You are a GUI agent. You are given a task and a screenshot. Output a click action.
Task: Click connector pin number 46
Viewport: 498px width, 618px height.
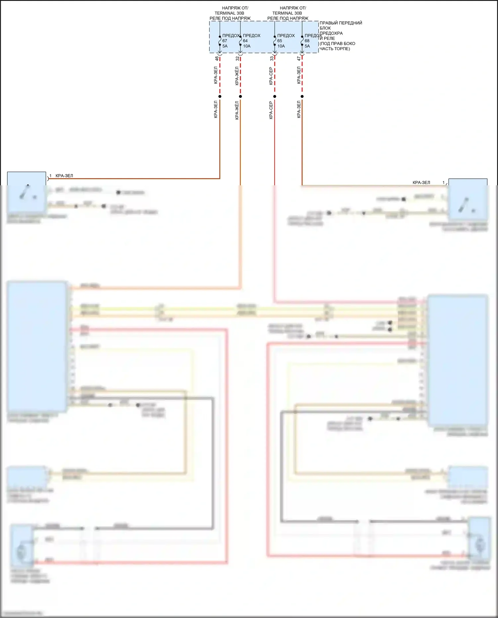coord(217,58)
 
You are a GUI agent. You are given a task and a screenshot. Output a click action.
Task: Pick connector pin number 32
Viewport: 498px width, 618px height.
coord(237,58)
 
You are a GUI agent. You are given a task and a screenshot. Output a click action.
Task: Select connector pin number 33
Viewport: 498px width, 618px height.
coord(272,58)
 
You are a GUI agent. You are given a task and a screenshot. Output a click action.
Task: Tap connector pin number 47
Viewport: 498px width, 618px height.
coord(299,58)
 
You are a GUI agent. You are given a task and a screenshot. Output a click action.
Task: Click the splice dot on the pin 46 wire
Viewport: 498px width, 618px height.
coord(220,97)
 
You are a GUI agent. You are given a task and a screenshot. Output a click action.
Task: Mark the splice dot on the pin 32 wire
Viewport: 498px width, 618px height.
coord(240,97)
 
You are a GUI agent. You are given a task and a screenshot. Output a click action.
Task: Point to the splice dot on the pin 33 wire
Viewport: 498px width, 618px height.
coord(275,97)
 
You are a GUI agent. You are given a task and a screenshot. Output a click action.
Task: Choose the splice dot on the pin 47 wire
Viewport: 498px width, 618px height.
coord(302,97)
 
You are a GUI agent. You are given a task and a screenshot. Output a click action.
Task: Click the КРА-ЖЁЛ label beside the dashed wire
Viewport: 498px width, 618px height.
coord(237,76)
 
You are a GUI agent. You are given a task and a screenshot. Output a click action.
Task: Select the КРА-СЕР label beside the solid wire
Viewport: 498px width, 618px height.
coord(271,110)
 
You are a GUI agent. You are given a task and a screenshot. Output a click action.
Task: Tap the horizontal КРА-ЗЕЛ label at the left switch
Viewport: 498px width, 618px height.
coord(64,176)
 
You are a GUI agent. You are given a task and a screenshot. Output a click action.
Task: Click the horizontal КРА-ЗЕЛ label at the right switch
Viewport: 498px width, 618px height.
coord(421,182)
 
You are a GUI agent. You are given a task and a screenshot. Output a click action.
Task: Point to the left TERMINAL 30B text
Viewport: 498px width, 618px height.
coord(229,13)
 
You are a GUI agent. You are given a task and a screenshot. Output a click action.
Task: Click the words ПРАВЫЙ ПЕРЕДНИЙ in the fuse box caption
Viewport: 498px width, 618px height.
coord(341,23)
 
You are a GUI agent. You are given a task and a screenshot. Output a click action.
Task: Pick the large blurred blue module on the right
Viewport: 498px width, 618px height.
coord(457,360)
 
